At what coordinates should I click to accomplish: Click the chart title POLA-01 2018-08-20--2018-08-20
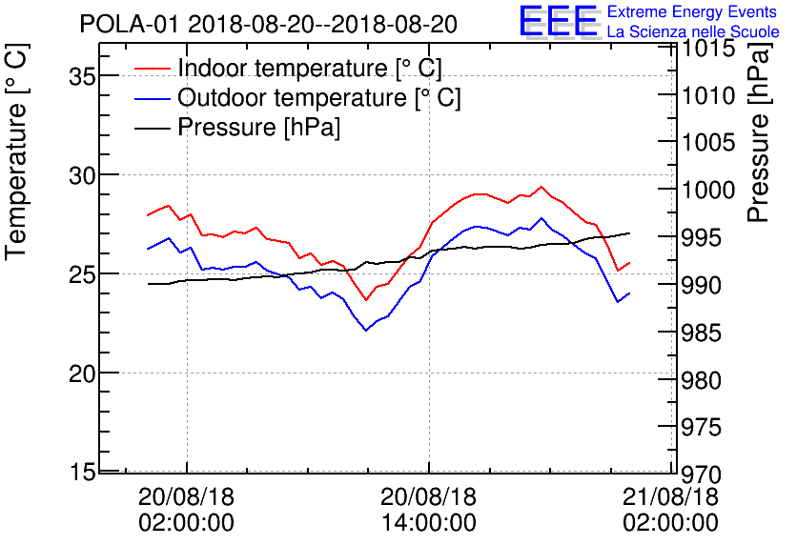268,23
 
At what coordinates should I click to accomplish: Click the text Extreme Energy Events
691,12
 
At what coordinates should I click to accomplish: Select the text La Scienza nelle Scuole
693,32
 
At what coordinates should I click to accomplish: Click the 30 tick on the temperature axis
83,175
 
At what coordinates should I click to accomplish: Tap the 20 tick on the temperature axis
83,373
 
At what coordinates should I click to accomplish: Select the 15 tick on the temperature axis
83,472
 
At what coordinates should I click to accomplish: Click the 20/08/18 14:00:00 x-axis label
428,510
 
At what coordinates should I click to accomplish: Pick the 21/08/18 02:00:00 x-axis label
671,510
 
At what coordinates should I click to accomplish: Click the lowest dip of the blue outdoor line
366,330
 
